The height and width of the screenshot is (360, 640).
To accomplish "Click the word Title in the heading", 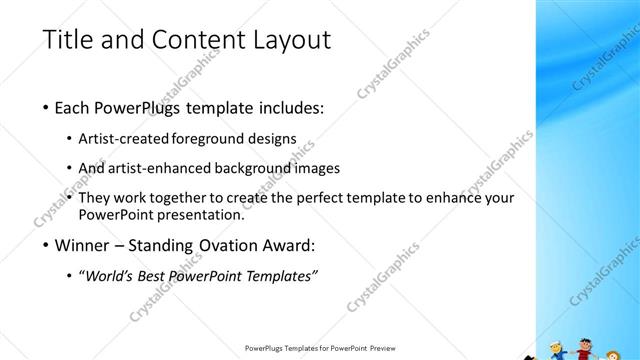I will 70,40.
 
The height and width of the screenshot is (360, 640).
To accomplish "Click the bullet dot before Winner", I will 46,245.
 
